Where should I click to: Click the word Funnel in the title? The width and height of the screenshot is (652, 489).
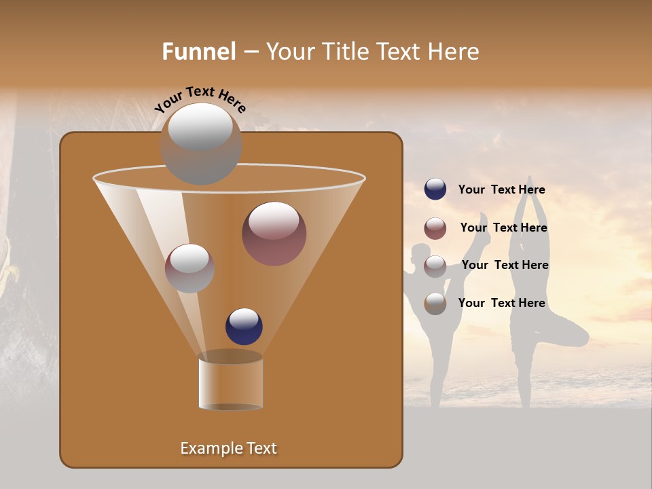click(198, 52)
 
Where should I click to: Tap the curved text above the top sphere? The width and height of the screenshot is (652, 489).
click(200, 99)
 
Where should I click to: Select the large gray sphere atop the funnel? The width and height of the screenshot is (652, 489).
click(201, 144)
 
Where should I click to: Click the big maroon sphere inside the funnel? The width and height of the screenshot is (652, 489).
click(274, 234)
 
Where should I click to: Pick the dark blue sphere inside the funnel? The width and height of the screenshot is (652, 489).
click(244, 326)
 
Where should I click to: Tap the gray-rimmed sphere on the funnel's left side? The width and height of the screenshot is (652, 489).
click(189, 268)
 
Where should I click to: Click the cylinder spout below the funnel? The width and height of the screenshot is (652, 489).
click(230, 382)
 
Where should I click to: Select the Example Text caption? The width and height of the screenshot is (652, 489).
click(229, 448)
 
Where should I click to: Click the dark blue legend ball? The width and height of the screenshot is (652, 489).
click(435, 189)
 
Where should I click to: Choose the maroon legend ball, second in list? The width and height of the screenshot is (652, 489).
click(435, 228)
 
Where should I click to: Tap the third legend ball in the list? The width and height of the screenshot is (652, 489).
click(435, 266)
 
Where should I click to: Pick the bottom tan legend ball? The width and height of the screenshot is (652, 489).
click(435, 304)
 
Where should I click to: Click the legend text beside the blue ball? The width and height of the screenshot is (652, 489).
click(501, 189)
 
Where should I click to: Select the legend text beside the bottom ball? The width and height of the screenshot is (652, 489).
click(501, 303)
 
